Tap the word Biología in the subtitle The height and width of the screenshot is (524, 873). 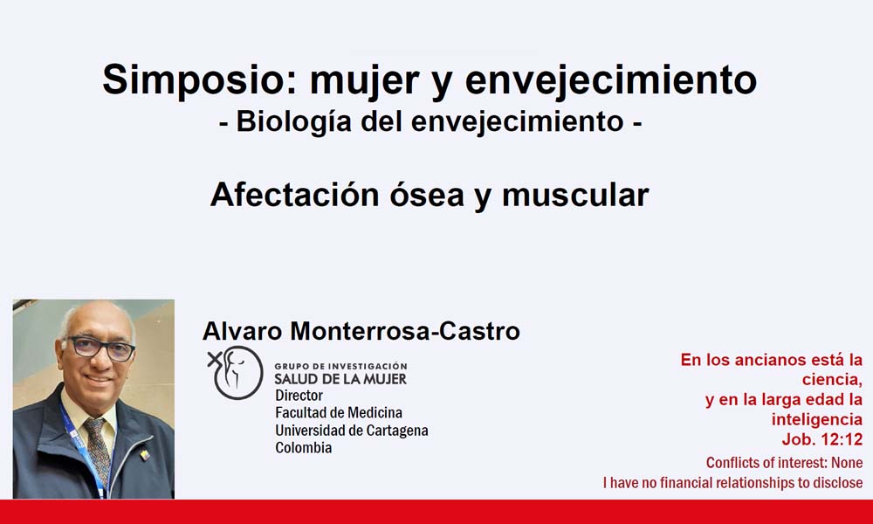pyautogui.click(x=293, y=122)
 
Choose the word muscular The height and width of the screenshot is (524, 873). pyautogui.click(x=575, y=195)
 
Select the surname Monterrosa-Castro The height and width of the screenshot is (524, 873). pyautogui.click(x=405, y=331)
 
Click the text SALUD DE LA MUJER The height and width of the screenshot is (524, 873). pyautogui.click(x=340, y=379)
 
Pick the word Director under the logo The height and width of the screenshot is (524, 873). pyautogui.click(x=299, y=396)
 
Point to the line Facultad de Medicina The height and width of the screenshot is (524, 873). pyautogui.click(x=339, y=412)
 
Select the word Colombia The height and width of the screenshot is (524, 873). pyautogui.click(x=304, y=448)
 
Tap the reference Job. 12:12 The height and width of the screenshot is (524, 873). pyautogui.click(x=821, y=439)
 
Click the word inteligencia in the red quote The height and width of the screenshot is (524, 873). pyautogui.click(x=817, y=419)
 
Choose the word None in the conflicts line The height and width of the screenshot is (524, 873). pyautogui.click(x=847, y=463)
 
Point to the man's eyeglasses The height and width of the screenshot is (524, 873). pyautogui.click(x=100, y=348)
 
